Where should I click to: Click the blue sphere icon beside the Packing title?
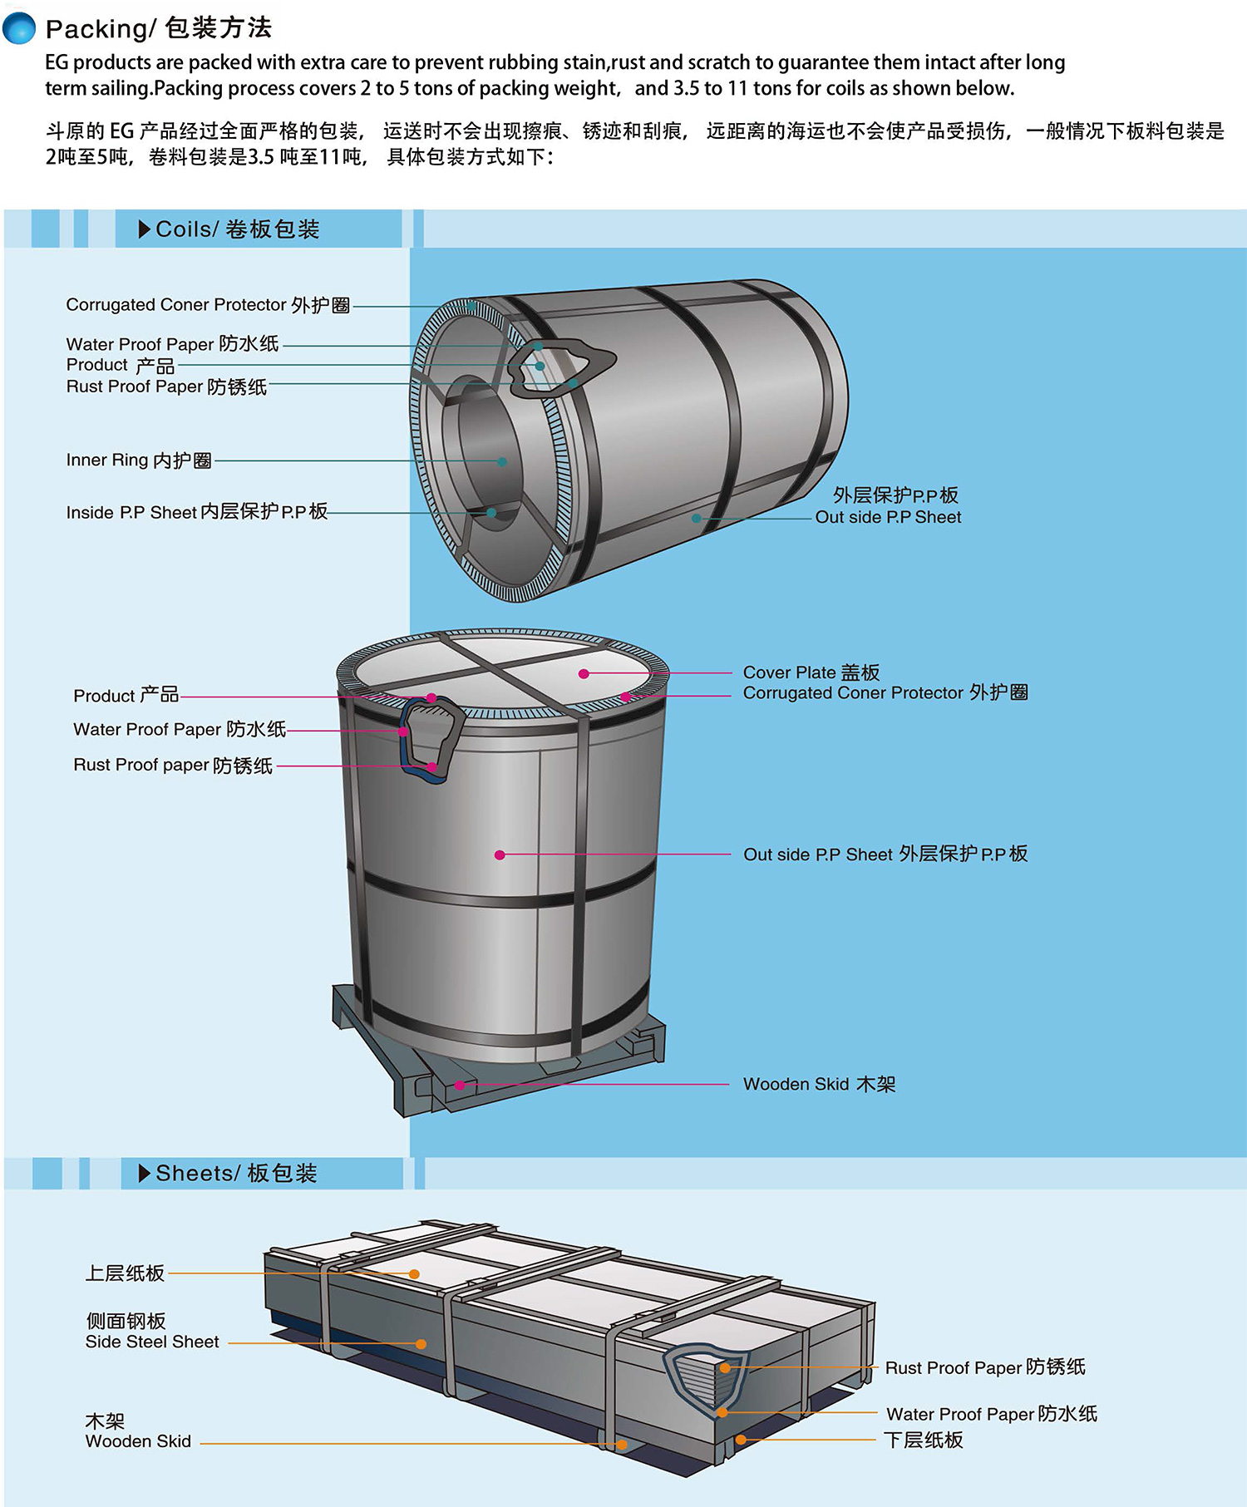point(19,27)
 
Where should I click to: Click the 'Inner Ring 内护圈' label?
point(139,460)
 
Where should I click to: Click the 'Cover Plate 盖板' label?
point(811,672)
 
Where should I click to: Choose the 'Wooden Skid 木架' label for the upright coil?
point(819,1084)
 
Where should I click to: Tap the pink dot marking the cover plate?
point(584,673)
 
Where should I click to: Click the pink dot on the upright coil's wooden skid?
point(460,1085)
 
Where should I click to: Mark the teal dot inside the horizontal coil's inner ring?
point(502,461)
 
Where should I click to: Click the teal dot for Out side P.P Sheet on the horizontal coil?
point(696,518)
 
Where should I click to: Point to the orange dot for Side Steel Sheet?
point(421,1344)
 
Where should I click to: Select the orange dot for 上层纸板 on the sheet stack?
point(414,1273)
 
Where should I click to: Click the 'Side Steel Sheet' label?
point(152,1342)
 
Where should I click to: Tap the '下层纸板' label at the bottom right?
point(923,1440)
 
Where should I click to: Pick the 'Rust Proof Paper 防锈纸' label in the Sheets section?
point(985,1367)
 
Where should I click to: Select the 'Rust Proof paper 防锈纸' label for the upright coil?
point(173,765)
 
